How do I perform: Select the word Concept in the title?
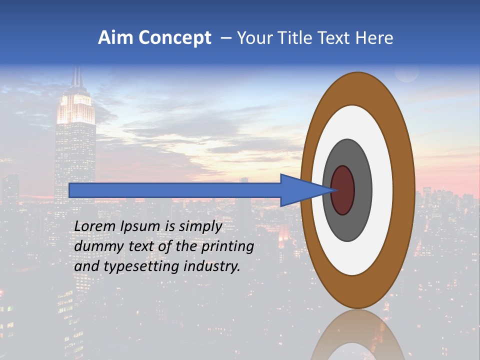coord(174,38)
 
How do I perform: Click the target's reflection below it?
coord(357,335)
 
